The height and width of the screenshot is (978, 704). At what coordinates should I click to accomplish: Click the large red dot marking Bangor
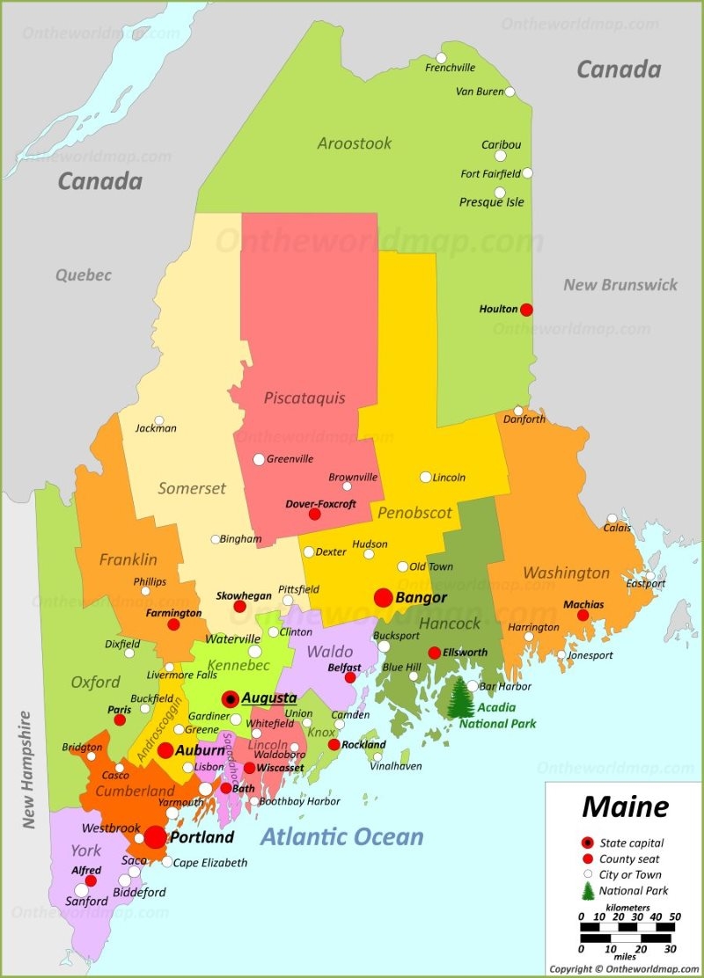pos(384,598)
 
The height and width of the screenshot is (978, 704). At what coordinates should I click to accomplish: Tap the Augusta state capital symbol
pos(231,699)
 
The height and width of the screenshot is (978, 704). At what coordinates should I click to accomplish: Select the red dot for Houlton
pos(526,310)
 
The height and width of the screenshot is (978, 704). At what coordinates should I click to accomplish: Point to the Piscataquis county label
pos(304,398)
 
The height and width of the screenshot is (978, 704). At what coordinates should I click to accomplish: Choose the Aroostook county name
pos(355,143)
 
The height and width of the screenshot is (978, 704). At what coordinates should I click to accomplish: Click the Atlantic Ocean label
pos(341,837)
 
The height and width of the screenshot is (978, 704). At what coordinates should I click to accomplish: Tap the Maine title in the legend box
pos(625,806)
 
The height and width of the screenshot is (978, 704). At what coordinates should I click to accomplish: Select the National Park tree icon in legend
pos(587,891)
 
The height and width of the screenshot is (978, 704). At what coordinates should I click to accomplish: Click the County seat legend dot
pos(587,859)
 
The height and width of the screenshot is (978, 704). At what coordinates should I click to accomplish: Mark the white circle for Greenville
pos(259,459)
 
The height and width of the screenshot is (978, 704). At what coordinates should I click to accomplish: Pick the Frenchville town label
pos(450,68)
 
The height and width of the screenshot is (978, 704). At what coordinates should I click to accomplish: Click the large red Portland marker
pos(156,837)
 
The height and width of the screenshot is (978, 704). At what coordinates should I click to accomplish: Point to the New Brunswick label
pos(620,284)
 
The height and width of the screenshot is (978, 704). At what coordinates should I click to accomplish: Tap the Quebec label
pos(84,275)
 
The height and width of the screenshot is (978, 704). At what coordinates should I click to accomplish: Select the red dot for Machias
pos(583,616)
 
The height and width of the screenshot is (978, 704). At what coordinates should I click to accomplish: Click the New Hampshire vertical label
pos(26,770)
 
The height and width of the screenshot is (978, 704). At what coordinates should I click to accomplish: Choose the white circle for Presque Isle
pos(500,193)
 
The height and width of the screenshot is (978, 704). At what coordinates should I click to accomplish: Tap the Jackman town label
pos(156,428)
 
